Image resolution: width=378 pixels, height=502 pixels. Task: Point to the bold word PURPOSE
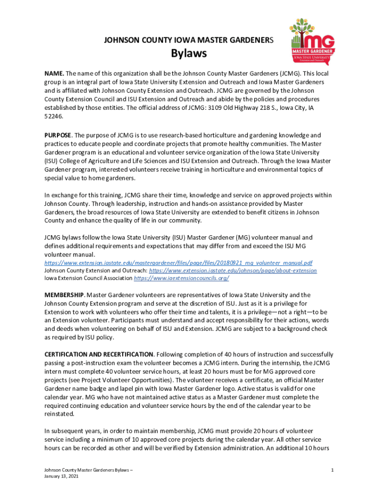tap(58, 135)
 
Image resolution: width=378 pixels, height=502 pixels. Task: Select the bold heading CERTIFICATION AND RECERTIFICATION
tap(99, 354)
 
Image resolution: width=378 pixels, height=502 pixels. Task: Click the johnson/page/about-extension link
tap(233, 270)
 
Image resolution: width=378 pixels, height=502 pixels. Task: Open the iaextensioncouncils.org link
tap(181, 278)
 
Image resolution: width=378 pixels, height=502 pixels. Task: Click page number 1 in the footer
tap(332, 470)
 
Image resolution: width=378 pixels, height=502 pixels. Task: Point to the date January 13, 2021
tap(61, 476)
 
